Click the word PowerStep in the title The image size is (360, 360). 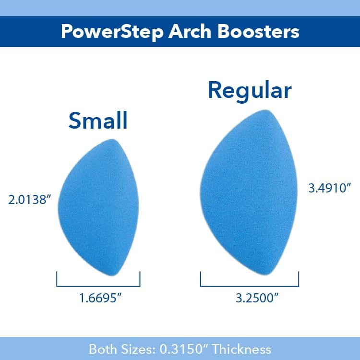click(110, 31)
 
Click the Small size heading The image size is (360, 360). click(98, 120)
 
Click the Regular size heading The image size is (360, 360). click(250, 90)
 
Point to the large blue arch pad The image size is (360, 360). click(245, 192)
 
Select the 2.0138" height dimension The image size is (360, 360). click(30, 200)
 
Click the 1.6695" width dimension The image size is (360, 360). click(100, 298)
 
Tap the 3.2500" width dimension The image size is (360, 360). click(251, 298)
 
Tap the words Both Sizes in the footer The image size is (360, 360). click(124, 349)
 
